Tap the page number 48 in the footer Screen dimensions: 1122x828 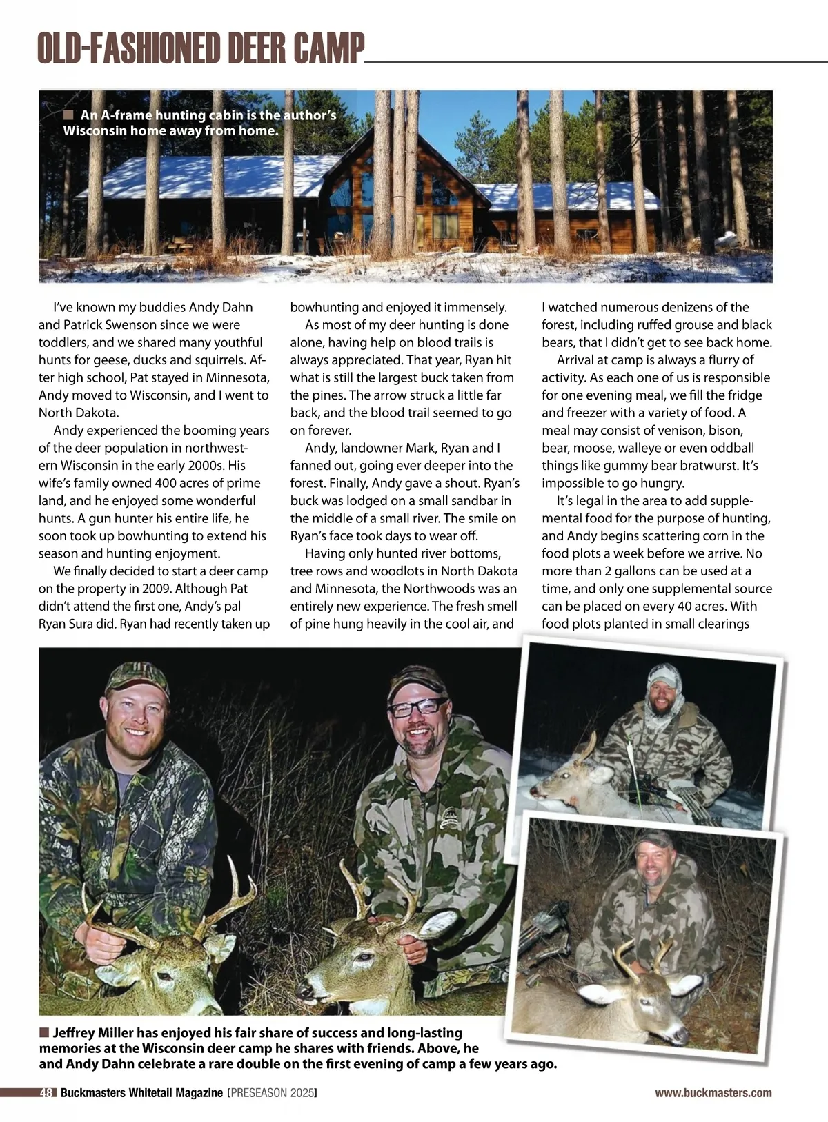click(x=47, y=1093)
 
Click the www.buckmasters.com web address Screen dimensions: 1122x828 click(x=713, y=1093)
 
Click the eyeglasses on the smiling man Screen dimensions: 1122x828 click(x=417, y=707)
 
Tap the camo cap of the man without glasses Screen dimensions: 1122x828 click(x=137, y=676)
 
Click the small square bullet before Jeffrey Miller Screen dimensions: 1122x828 click(x=44, y=1033)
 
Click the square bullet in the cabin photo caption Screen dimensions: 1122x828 click(x=68, y=115)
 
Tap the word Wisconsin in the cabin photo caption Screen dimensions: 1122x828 click(x=95, y=130)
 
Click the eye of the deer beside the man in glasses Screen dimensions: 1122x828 click(x=363, y=958)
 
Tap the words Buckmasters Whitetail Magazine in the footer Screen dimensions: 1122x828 click(x=141, y=1093)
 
